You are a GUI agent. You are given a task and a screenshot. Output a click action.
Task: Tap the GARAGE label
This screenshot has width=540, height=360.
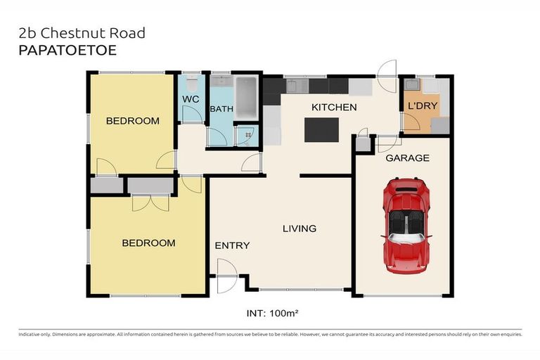[407, 158]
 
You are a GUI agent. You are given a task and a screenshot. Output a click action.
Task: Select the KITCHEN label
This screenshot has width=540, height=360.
[334, 108]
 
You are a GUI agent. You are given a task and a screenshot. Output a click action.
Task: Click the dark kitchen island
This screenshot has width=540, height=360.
[320, 130]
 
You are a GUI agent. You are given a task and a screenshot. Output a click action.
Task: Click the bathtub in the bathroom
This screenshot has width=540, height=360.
[247, 98]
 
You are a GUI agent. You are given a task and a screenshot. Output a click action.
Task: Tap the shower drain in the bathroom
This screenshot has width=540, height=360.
[246, 136]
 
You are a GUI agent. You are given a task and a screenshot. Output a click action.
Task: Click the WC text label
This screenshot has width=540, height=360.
[191, 100]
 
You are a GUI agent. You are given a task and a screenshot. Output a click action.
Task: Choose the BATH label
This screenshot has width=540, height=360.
[221, 109]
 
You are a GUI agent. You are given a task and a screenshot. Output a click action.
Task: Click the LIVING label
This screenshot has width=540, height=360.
[300, 229]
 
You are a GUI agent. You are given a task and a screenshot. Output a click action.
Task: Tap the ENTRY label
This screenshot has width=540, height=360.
[232, 245]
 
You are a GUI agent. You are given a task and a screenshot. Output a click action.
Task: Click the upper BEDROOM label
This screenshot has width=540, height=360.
[132, 121]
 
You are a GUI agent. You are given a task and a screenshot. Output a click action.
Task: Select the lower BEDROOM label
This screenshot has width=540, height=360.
[148, 243]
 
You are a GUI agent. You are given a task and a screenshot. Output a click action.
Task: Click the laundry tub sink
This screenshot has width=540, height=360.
[430, 86]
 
